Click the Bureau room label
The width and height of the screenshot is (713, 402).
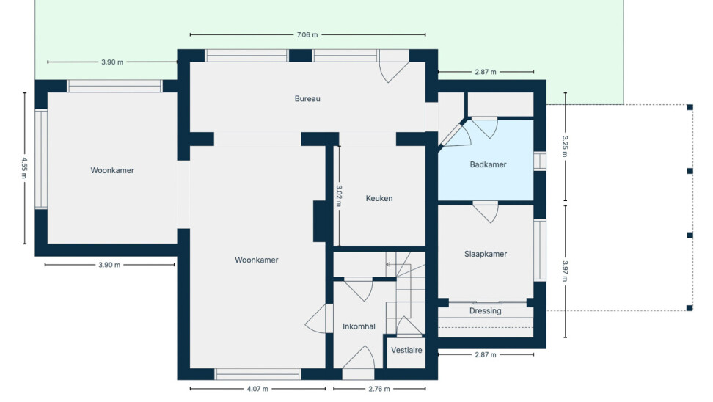click(x=307, y=99)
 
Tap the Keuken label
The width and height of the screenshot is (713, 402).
click(x=379, y=198)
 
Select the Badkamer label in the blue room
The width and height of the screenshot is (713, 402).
click(x=488, y=164)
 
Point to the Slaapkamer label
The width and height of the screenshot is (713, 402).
click(x=485, y=255)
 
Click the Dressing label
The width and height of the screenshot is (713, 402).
click(x=485, y=311)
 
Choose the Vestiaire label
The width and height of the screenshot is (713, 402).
click(x=406, y=350)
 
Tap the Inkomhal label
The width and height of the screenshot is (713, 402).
click(x=359, y=326)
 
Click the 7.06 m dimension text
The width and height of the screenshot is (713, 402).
click(x=307, y=34)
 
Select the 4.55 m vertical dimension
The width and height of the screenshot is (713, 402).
click(x=24, y=168)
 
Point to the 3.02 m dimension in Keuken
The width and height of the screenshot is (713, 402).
click(x=339, y=196)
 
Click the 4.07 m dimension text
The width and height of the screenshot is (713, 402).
click(x=257, y=389)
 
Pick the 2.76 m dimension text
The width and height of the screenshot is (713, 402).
click(x=379, y=389)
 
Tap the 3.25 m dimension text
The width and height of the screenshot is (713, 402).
click(x=566, y=146)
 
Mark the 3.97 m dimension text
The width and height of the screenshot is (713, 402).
click(x=566, y=271)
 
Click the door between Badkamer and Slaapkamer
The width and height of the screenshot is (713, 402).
click(x=486, y=212)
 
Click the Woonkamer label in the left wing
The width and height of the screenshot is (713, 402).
click(x=112, y=170)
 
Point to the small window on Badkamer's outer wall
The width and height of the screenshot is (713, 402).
click(x=540, y=161)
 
